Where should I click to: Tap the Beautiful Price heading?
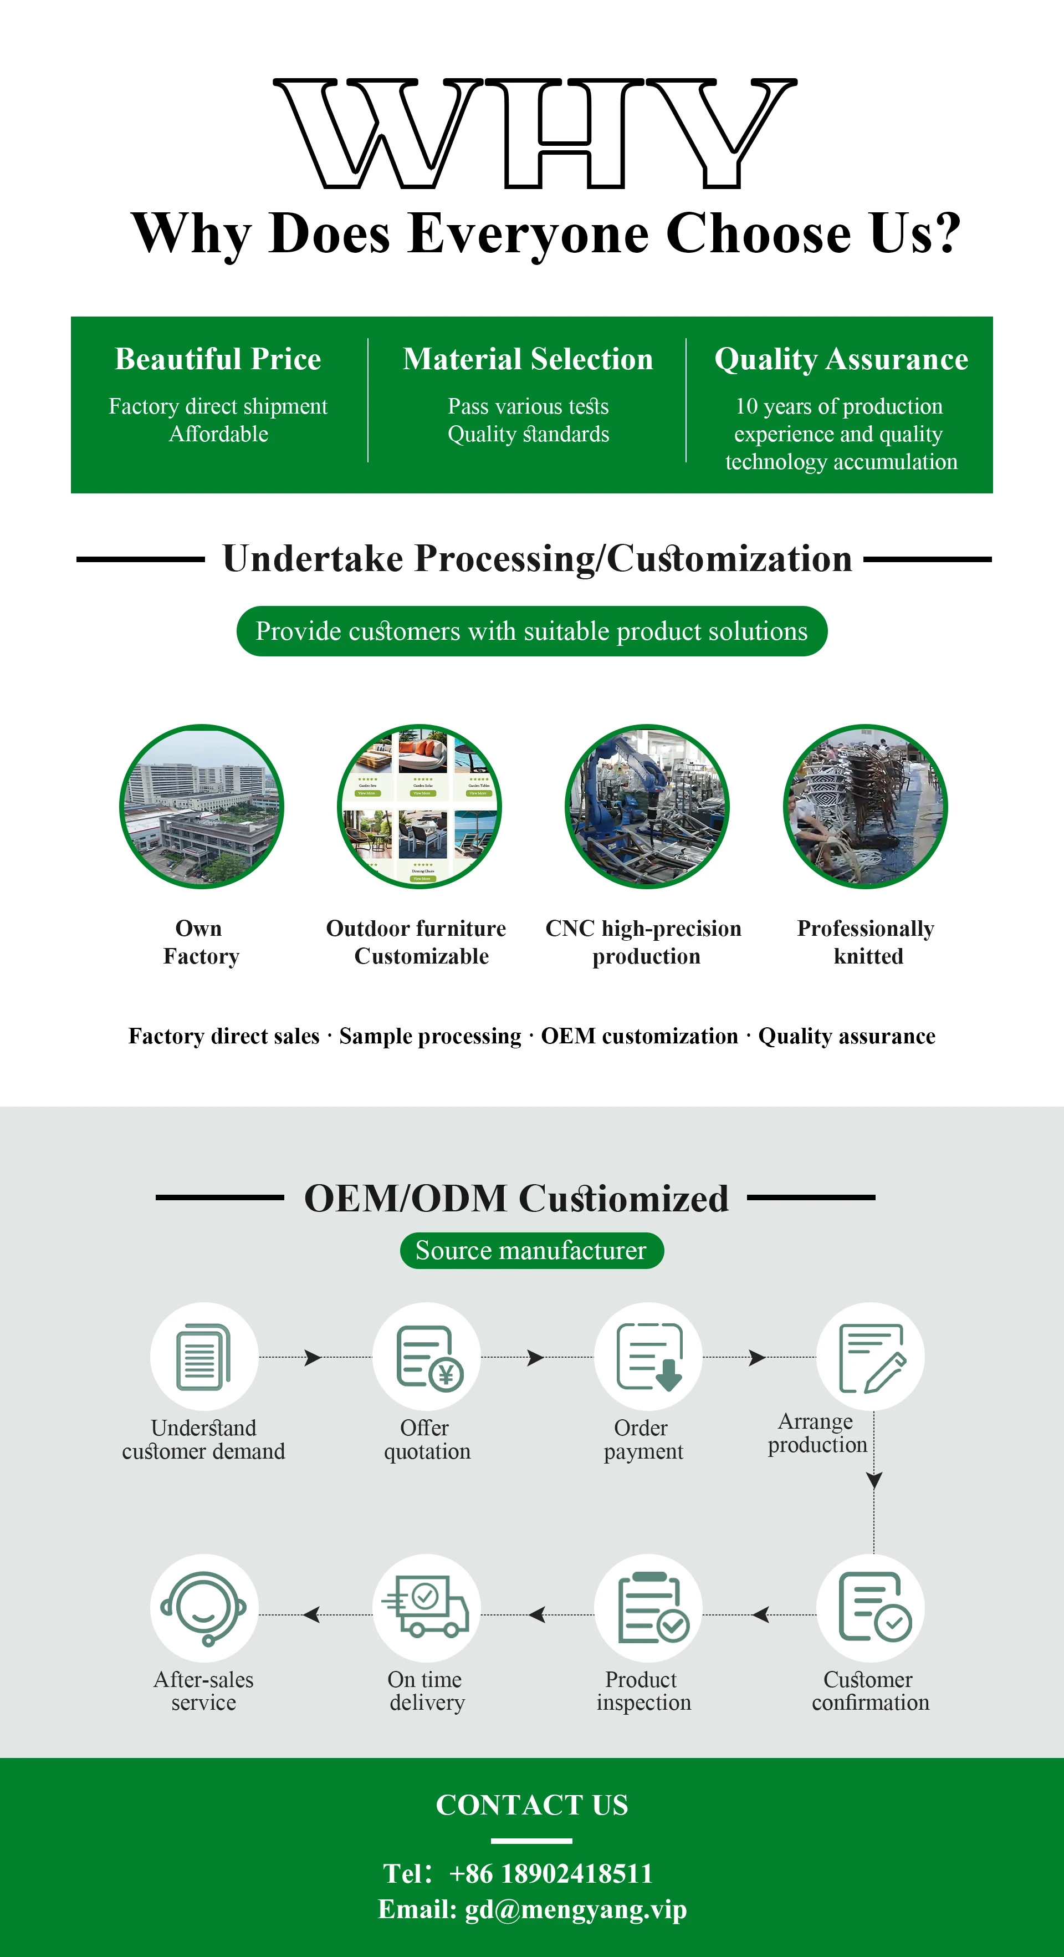[x=218, y=359]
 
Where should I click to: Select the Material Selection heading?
[x=528, y=359]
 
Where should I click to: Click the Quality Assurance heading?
[x=841, y=359]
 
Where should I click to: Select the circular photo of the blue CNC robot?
[x=647, y=806]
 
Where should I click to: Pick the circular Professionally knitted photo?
[x=865, y=806]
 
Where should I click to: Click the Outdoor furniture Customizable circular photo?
[x=419, y=806]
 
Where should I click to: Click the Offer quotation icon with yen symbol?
[x=427, y=1357]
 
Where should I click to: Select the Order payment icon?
[x=648, y=1357]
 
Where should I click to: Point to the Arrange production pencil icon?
[x=871, y=1357]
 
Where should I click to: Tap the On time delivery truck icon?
[x=427, y=1608]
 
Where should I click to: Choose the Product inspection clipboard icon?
[x=648, y=1608]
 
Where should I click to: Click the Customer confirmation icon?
[x=871, y=1608]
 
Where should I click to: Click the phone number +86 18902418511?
[x=551, y=1873]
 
